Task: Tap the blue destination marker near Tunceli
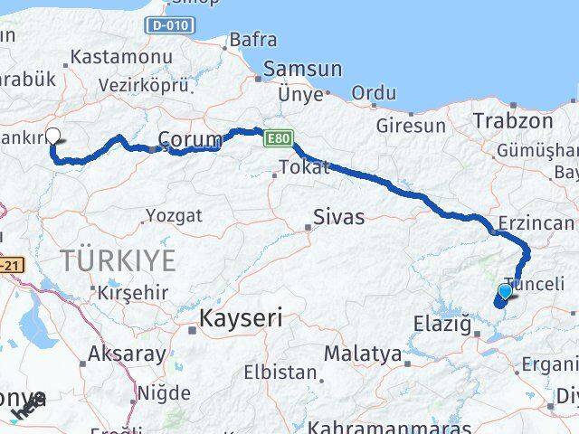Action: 506,291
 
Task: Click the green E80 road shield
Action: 277,138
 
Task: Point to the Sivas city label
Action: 338,217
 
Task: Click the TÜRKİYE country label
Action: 119,260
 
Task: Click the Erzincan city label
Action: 536,223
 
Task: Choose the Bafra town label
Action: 252,39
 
